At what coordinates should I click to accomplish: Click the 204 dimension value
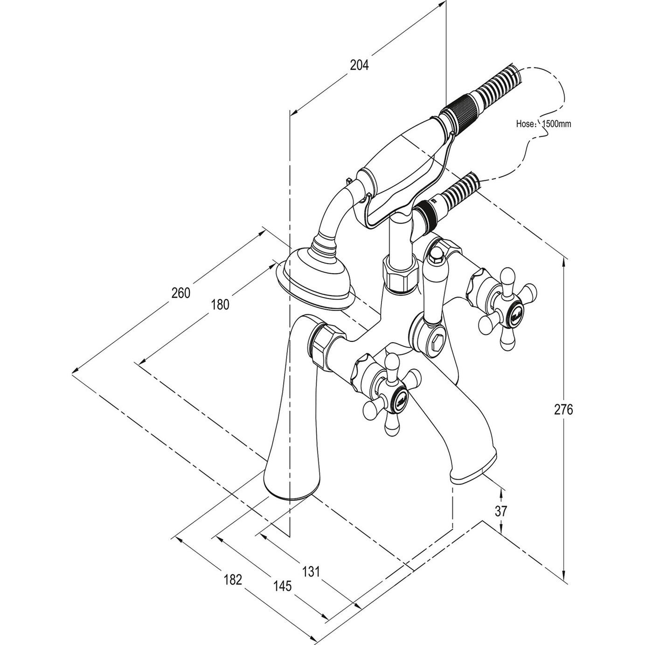pos(359,65)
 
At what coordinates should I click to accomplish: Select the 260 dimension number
pos(181,293)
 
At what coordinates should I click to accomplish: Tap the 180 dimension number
pos(220,305)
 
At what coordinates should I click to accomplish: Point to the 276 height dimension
pos(563,409)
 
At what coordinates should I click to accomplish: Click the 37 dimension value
pos(500,511)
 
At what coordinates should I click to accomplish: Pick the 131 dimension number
pos(312,571)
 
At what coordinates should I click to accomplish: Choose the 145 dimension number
pos(283,586)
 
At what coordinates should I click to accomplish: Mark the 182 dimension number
pos(233,580)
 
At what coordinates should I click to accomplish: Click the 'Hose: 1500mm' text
pos(544,124)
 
